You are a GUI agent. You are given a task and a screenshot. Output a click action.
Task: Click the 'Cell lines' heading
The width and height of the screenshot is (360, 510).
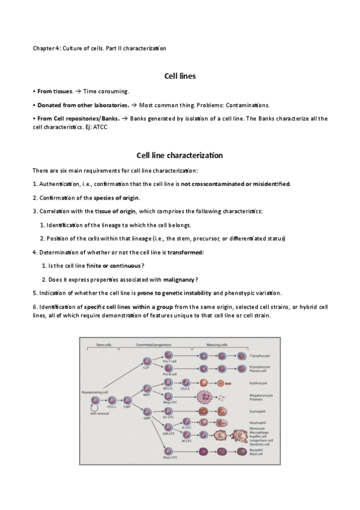180,76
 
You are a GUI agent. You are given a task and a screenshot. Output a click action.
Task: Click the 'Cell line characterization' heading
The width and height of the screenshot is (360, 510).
180,155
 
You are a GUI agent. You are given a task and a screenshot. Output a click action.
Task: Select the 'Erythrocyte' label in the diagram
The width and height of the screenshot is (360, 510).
259,382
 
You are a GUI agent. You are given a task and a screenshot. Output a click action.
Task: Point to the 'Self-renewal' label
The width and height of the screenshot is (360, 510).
99,414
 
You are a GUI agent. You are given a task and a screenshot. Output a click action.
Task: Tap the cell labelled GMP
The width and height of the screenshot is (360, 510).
147,412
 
